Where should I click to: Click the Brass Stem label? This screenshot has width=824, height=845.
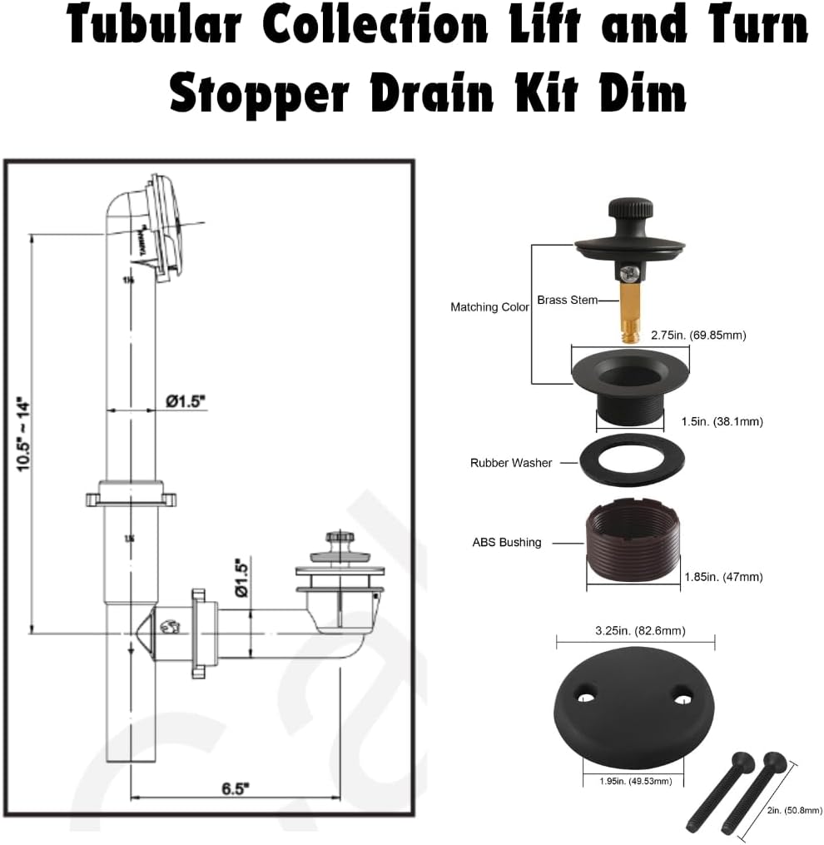click(x=567, y=300)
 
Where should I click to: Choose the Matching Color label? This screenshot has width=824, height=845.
click(x=489, y=307)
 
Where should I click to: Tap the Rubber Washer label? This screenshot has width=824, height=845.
click(x=510, y=463)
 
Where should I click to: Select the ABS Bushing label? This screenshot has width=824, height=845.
click(x=506, y=542)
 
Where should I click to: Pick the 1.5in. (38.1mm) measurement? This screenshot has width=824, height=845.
click(x=722, y=421)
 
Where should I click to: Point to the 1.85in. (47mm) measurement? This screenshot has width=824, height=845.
click(x=722, y=576)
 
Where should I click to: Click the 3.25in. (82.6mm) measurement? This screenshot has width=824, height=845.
click(x=635, y=630)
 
